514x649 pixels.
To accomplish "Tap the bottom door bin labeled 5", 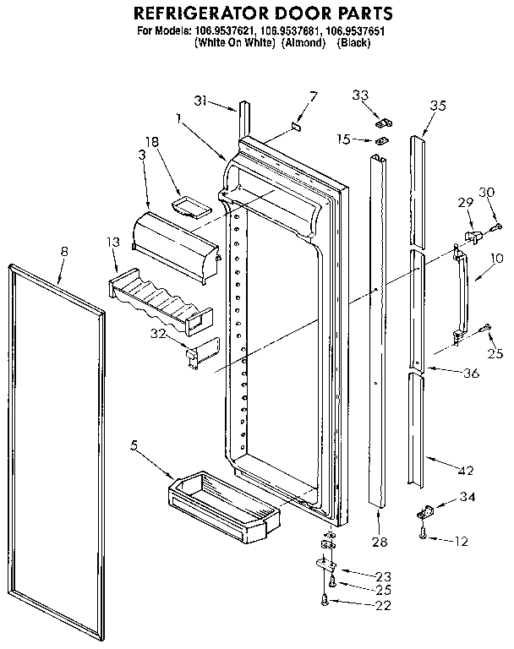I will pyautogui.click(x=224, y=508).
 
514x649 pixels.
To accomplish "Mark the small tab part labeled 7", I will pyautogui.click(x=296, y=128).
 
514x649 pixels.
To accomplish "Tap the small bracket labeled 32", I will pyautogui.click(x=200, y=351).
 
